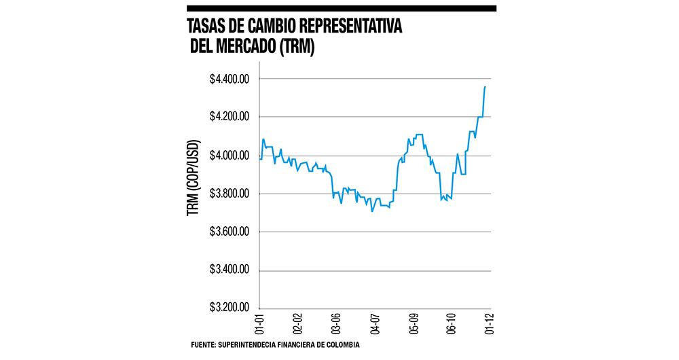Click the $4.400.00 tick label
[x=230, y=79]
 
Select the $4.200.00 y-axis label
[x=230, y=118]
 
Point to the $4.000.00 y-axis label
[x=230, y=156]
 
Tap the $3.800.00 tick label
[x=230, y=194]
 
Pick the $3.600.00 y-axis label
[x=230, y=232]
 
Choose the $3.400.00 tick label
[x=230, y=270]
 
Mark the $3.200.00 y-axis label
[x=230, y=308]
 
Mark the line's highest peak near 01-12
[x=485, y=87]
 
